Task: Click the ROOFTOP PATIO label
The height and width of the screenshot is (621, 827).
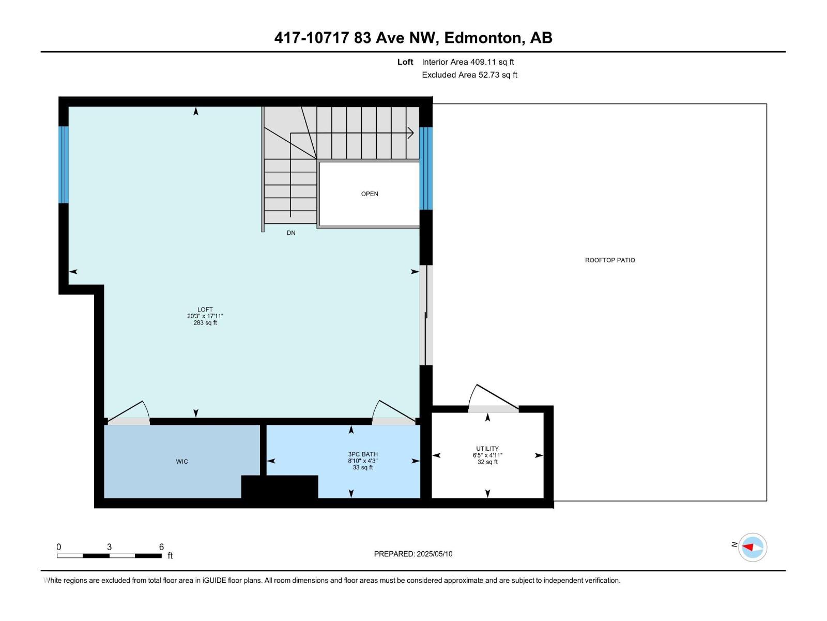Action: (x=610, y=260)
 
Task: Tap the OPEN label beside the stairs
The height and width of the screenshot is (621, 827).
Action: (x=370, y=194)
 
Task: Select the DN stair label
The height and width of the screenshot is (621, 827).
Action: (x=291, y=233)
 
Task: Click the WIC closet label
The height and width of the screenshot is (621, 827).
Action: (x=182, y=462)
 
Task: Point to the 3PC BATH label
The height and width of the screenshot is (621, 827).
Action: (x=363, y=454)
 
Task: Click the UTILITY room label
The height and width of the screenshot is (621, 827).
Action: (x=487, y=449)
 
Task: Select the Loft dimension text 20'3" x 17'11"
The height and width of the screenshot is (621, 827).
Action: (x=205, y=316)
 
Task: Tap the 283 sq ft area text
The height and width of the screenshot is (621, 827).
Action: (x=205, y=323)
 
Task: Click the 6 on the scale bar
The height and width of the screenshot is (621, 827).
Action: (x=161, y=547)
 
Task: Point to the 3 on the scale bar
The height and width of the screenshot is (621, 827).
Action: (x=109, y=547)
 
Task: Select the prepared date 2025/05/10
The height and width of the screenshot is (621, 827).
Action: (x=434, y=554)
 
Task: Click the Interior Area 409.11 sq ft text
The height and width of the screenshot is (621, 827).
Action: (x=468, y=62)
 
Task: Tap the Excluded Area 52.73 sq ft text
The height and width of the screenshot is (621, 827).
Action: (x=469, y=75)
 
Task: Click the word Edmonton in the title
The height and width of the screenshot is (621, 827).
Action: (x=482, y=38)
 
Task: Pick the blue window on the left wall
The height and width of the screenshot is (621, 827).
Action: (x=64, y=165)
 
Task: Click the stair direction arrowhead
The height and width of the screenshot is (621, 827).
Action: (x=411, y=133)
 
